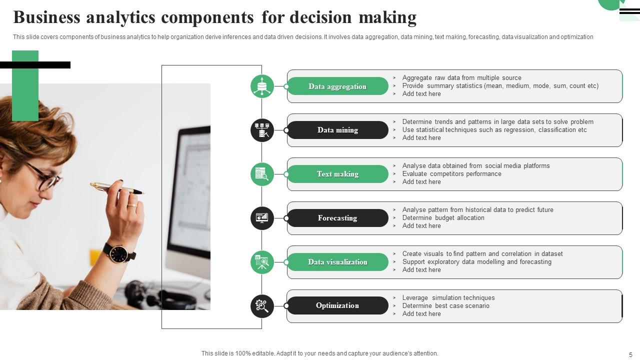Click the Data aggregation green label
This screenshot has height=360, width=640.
tap(337, 86)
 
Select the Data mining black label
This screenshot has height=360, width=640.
tap(337, 130)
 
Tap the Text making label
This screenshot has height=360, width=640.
tap(337, 174)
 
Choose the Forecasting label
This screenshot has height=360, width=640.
tap(337, 218)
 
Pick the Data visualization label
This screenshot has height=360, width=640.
tap(337, 262)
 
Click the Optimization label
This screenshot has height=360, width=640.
tap(337, 305)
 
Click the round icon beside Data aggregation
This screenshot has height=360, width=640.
tap(262, 86)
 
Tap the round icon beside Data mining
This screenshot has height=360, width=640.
tap(262, 130)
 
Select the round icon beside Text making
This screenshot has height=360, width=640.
tap(262, 174)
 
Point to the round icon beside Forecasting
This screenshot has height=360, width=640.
tap(262, 218)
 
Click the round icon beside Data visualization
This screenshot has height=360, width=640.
tap(262, 262)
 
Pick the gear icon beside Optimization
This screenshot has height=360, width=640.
tap(262, 306)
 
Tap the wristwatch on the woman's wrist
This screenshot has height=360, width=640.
tap(119, 253)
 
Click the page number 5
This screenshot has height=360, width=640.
tap(630, 354)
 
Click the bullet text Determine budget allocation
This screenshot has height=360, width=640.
tap(443, 218)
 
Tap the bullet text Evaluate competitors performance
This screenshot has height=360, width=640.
tap(451, 174)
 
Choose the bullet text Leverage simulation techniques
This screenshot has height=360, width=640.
tap(448, 298)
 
